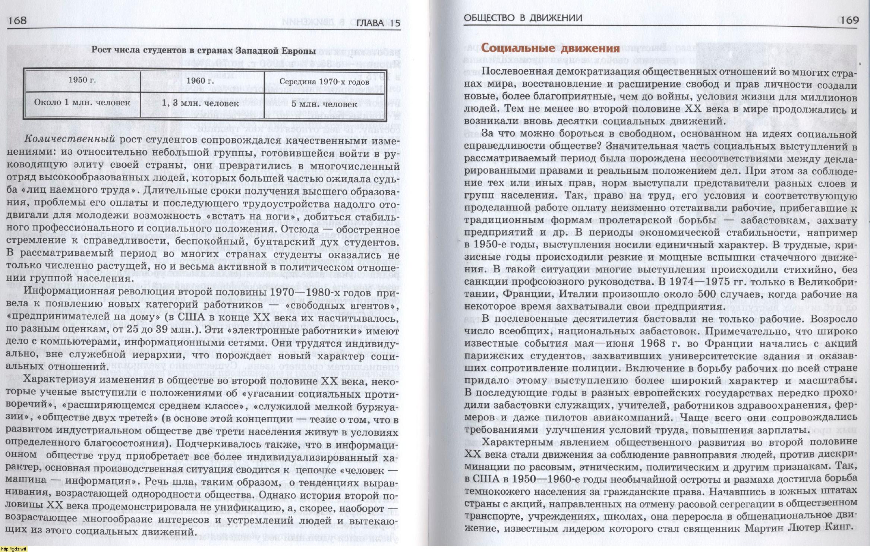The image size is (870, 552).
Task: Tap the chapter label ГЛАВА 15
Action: (x=378, y=23)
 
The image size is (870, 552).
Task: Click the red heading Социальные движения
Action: (x=550, y=48)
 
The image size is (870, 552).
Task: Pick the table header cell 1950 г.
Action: (x=82, y=80)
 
